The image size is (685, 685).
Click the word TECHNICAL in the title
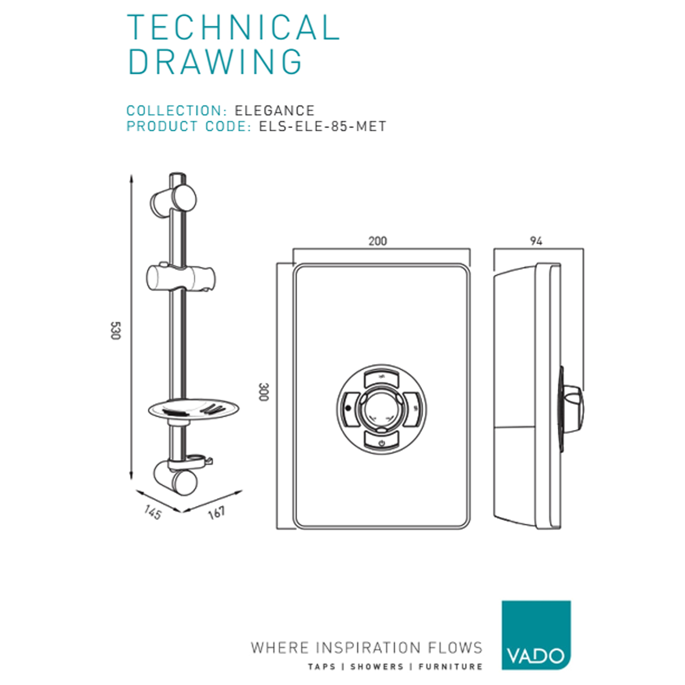click(233, 27)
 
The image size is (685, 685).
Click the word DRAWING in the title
click(215, 62)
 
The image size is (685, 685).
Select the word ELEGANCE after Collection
click(274, 111)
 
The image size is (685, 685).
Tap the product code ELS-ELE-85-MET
click(322, 126)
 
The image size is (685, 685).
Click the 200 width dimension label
click(378, 241)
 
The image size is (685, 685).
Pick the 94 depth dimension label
click(536, 241)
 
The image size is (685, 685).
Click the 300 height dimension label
click(264, 392)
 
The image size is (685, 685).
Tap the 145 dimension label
click(153, 513)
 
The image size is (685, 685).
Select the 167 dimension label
click(216, 512)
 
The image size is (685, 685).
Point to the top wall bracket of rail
click(174, 201)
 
